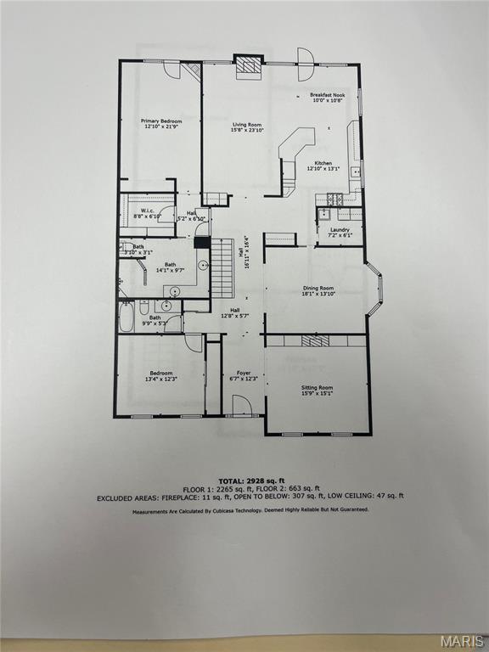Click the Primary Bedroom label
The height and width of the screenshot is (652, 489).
tap(161, 124)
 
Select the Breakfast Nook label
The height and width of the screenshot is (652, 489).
tap(326, 98)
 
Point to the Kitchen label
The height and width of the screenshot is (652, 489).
tap(323, 166)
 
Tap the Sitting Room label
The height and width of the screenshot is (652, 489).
tap(317, 390)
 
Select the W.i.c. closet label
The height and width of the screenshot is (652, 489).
tap(147, 214)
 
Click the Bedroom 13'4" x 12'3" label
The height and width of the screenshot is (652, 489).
tap(161, 375)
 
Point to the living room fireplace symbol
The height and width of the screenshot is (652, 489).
tap(248, 65)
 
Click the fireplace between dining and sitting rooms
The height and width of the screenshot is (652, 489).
tap(315, 340)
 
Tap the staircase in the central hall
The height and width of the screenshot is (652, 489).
tap(222, 267)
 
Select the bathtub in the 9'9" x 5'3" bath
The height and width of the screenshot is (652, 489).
tap(126, 318)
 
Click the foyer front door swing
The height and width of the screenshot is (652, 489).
tap(242, 405)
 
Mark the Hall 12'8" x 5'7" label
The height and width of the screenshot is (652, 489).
tap(234, 312)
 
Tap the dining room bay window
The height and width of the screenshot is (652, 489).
tap(374, 289)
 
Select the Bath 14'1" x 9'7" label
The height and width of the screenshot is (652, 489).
tap(170, 267)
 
